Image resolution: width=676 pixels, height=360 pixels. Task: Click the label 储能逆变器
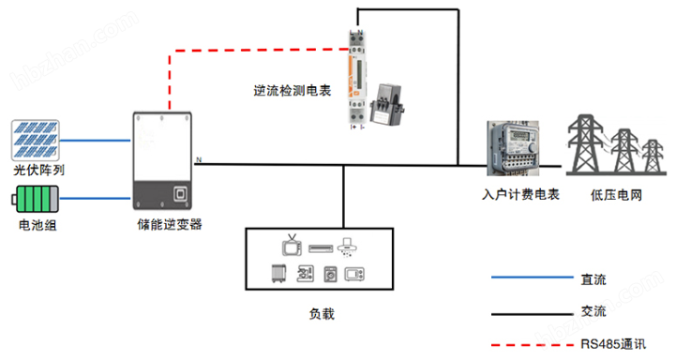[x=170, y=225]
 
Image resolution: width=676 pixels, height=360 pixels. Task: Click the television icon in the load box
[x=292, y=248]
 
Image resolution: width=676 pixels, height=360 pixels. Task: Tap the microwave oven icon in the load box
[x=354, y=275]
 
